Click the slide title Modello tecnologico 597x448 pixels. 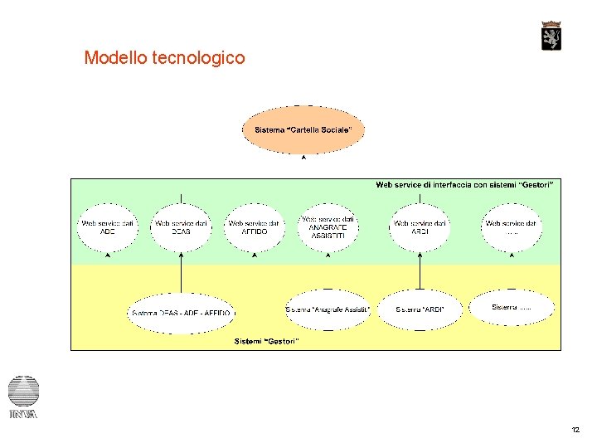click(164, 58)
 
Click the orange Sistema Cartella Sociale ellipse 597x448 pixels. click(303, 129)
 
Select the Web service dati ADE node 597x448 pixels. click(108, 227)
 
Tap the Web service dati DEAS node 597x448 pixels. click(181, 227)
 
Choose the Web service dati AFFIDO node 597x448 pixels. click(255, 227)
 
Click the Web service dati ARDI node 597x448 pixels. click(420, 227)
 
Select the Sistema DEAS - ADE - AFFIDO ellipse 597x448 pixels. click(182, 313)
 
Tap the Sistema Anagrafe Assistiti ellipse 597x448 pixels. click(328, 309)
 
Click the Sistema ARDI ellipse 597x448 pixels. click(420, 309)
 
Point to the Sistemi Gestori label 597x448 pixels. click(267, 341)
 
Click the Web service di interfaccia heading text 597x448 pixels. click(464, 184)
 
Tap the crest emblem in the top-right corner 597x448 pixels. click(551, 36)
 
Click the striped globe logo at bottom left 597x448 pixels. click(23, 391)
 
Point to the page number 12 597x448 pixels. click(575, 430)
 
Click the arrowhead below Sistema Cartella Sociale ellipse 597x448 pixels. click(303, 158)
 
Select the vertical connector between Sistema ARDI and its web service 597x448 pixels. click(420, 270)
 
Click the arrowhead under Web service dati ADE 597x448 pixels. click(108, 256)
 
